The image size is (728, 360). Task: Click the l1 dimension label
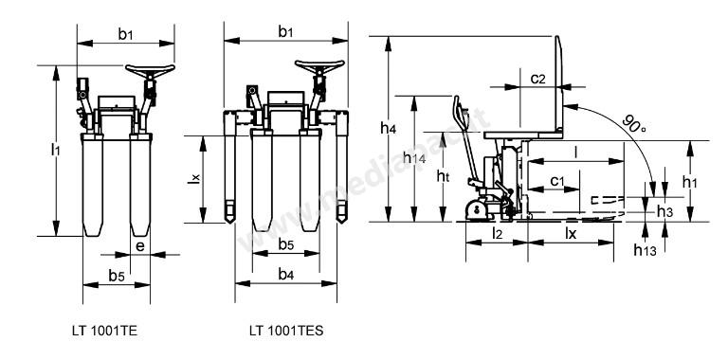(56, 150)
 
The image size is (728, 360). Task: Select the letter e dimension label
(139, 247)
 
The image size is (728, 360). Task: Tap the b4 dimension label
(286, 275)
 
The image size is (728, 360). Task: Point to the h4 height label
(388, 128)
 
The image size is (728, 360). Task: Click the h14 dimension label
(414, 157)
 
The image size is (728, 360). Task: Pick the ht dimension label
(443, 175)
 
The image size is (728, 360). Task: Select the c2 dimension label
(537, 79)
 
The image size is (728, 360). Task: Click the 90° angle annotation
(634, 123)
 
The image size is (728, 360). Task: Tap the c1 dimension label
(557, 180)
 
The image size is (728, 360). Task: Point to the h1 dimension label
(689, 182)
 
